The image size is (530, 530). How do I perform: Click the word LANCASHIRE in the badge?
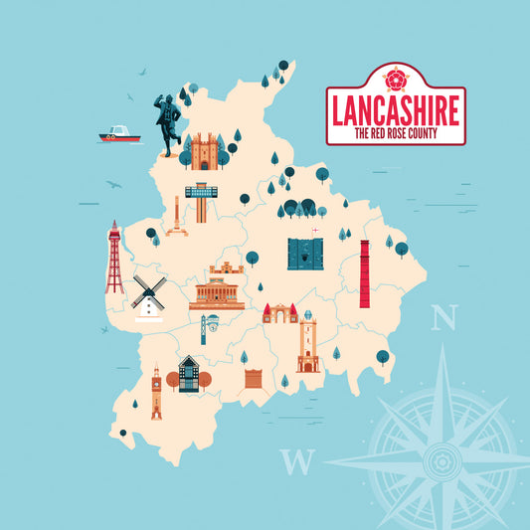click(396, 109)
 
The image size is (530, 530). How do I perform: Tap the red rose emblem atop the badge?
click(397, 78)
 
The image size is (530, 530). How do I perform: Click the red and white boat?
click(118, 134)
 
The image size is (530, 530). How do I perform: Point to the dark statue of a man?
click(167, 125)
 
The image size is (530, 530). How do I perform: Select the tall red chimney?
click(365, 272)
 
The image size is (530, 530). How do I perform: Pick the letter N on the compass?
click(444, 318)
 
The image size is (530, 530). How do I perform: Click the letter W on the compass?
click(295, 461)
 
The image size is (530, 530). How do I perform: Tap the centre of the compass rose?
click(437, 460)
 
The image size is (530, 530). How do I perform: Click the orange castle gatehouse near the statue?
click(206, 152)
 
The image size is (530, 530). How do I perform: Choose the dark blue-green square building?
click(306, 253)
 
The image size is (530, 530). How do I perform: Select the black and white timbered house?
click(188, 374)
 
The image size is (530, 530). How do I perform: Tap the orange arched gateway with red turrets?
click(279, 314)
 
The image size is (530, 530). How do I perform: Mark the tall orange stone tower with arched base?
click(307, 343)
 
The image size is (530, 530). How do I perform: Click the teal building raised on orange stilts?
click(201, 203)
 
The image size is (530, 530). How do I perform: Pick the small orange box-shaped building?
click(255, 378)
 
